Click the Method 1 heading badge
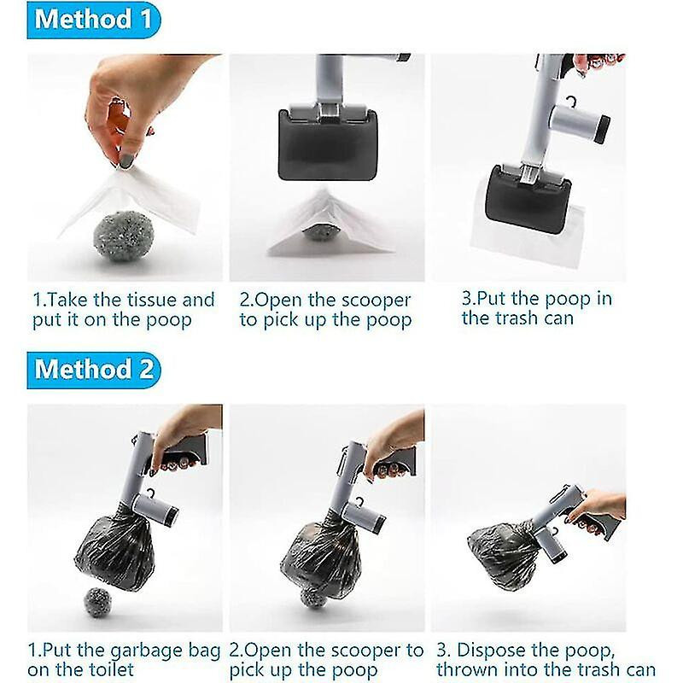tap(94, 20)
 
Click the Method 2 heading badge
tap(94, 370)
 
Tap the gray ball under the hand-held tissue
tap(123, 236)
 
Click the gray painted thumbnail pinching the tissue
tap(126, 161)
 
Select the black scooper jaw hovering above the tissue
tap(327, 144)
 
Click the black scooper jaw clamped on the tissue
tap(528, 199)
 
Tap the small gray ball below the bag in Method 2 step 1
tap(98, 602)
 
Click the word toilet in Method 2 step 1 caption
tap(112, 669)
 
